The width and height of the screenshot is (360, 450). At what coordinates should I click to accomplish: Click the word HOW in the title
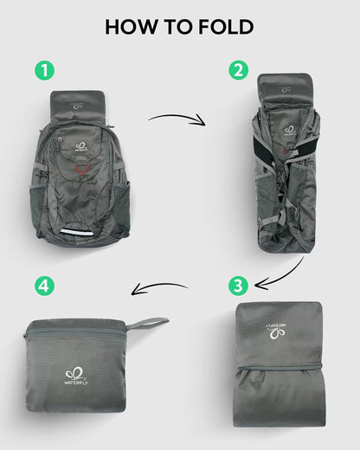131,27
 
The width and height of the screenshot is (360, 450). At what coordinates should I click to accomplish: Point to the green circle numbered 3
237,284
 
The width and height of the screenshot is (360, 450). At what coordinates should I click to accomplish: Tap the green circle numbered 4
39,285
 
